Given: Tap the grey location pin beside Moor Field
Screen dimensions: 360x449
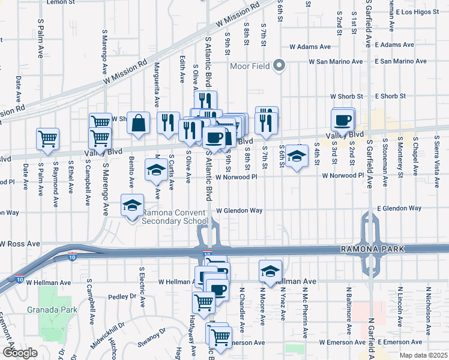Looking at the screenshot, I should (x=279, y=66).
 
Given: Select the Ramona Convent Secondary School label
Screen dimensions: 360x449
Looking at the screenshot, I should (x=175, y=217).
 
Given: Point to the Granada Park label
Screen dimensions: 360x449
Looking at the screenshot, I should (x=48, y=310).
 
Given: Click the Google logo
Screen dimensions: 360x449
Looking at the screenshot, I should (x=20, y=352).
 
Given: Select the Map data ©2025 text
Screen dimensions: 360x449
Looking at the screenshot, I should (x=423, y=355).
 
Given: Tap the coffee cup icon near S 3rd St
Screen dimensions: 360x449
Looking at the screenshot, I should (x=343, y=119).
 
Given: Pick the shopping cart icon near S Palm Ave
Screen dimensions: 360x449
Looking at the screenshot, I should (x=47, y=139).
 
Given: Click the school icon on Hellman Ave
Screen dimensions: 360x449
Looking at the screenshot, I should (x=271, y=271).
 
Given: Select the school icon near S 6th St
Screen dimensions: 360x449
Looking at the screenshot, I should (x=296, y=156).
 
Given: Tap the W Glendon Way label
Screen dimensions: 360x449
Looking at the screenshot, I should (x=240, y=211).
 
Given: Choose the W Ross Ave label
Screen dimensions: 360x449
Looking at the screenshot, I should (x=20, y=244).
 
